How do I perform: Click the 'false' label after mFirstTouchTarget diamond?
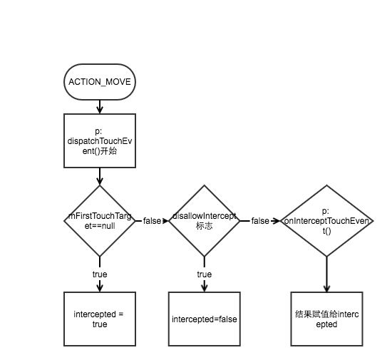tap(152, 221)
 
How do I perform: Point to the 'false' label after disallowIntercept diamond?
tap(260, 221)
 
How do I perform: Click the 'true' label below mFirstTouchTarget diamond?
tap(100, 274)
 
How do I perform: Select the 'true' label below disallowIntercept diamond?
tap(204, 274)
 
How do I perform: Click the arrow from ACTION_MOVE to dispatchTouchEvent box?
tap(100, 107)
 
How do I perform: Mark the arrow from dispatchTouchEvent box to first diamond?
tap(100, 176)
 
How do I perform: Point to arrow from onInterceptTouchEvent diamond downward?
tap(327, 274)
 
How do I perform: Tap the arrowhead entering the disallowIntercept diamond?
tap(165, 221)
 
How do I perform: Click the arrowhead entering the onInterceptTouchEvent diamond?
tap(277, 221)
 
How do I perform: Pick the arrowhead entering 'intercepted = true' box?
tap(100, 288)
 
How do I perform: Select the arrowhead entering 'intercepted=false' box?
tap(204, 288)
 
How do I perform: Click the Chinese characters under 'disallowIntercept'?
tap(204, 226)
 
